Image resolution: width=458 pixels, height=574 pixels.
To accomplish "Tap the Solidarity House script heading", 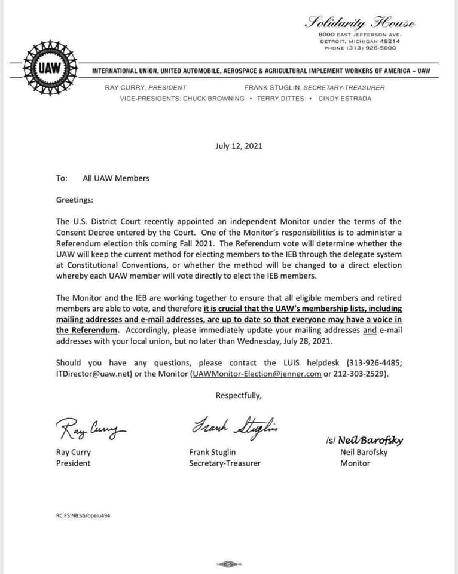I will [361, 23].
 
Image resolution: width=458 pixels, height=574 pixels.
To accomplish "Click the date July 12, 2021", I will [239, 146].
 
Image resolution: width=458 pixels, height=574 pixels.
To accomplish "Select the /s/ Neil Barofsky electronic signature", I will [365, 441].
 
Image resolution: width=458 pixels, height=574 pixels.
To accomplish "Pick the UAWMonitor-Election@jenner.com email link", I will [256, 374].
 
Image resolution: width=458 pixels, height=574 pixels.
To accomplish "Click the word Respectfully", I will [239, 395].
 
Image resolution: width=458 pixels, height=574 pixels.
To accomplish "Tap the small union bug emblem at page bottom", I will [227, 564].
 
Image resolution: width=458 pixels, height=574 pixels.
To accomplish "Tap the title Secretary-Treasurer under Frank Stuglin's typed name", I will [225, 463].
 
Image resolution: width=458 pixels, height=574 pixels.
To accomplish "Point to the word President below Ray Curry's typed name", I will [74, 463].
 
